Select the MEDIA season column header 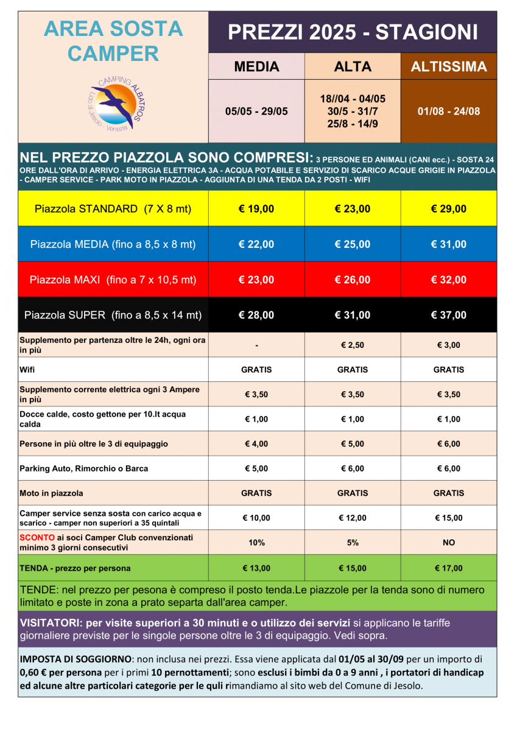pos(256,66)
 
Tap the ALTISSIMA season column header pos(449,66)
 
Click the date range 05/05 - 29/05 pos(256,111)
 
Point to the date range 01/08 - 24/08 pos(449,111)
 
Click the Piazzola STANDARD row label pos(113,209)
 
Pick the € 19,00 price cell pos(256,209)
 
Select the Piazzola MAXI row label pos(113,280)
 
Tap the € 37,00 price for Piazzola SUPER pos(449,315)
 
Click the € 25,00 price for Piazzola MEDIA pos(353,244)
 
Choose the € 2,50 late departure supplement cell pos(353,345)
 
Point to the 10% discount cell pos(256,542)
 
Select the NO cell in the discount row pos(449,542)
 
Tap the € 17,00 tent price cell pos(449,568)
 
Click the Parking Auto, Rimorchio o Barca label pos(84,468)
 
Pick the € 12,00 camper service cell pos(353,518)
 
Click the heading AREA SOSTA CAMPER pos(113,41)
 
